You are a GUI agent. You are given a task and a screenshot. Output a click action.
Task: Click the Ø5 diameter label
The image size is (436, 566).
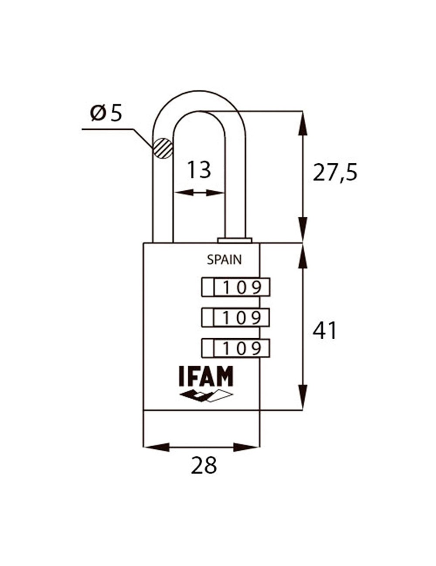pos(106,113)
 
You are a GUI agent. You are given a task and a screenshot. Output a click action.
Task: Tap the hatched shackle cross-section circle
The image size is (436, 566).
pos(162,148)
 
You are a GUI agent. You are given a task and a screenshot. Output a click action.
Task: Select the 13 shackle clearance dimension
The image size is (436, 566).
pos(199,170)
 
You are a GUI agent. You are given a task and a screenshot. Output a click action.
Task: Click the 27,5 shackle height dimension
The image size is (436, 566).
pos(335,173)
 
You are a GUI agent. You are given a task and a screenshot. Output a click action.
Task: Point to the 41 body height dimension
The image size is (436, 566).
pos(325,331)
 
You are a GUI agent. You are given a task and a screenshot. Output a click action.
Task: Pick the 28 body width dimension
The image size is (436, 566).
pos(204,466)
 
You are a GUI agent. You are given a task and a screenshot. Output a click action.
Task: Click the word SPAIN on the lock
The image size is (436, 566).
pos(224,260)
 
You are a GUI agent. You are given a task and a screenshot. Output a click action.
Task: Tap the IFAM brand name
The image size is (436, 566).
pos(206,376)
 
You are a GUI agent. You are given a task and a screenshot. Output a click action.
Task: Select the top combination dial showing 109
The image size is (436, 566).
pos(235,287)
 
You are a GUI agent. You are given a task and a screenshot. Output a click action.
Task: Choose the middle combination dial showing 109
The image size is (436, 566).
pos(235,318)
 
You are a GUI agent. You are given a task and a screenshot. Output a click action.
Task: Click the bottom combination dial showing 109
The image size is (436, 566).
pos(235,348)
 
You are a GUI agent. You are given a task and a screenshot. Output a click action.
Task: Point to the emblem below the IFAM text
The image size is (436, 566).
pos(206,395)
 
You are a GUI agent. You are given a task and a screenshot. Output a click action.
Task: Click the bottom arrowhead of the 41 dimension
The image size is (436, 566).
pos(302,397)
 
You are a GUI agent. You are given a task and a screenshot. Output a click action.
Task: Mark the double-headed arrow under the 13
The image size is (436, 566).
pos(199,192)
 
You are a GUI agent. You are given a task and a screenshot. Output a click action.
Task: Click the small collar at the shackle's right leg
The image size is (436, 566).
pos(235,240)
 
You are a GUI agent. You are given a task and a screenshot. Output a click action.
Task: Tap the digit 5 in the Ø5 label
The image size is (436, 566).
pos(116,113)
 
